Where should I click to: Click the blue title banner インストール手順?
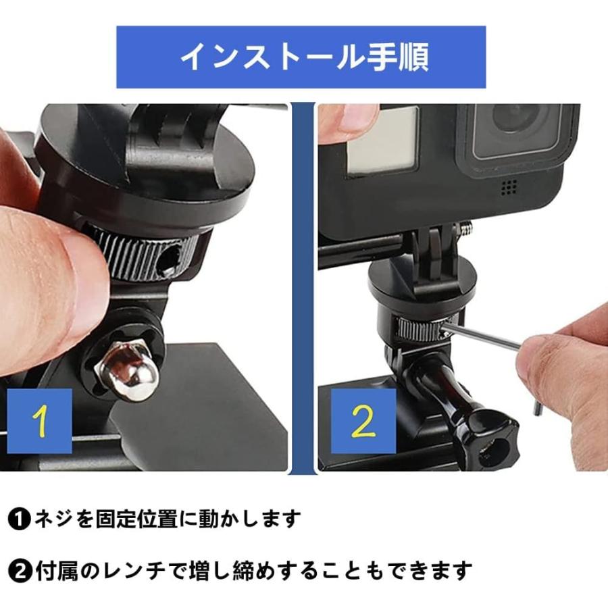click(301, 57)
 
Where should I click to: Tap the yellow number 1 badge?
click(41, 420)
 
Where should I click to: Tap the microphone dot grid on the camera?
click(509, 187)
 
